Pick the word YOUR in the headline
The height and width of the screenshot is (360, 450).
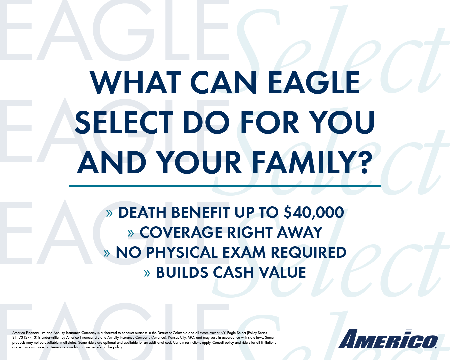click(199, 162)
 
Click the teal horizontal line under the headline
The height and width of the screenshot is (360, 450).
click(225, 186)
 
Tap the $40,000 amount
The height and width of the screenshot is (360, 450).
click(314, 212)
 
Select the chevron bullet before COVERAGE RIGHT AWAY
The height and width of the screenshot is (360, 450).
click(131, 233)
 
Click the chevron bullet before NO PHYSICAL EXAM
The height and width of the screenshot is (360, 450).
click(107, 253)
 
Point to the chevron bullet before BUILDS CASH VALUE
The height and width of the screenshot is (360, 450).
click(147, 273)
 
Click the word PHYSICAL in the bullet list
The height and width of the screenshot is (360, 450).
click(182, 252)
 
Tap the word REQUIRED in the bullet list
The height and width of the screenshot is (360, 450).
click(308, 252)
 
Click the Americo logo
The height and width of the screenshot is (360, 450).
click(388, 339)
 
